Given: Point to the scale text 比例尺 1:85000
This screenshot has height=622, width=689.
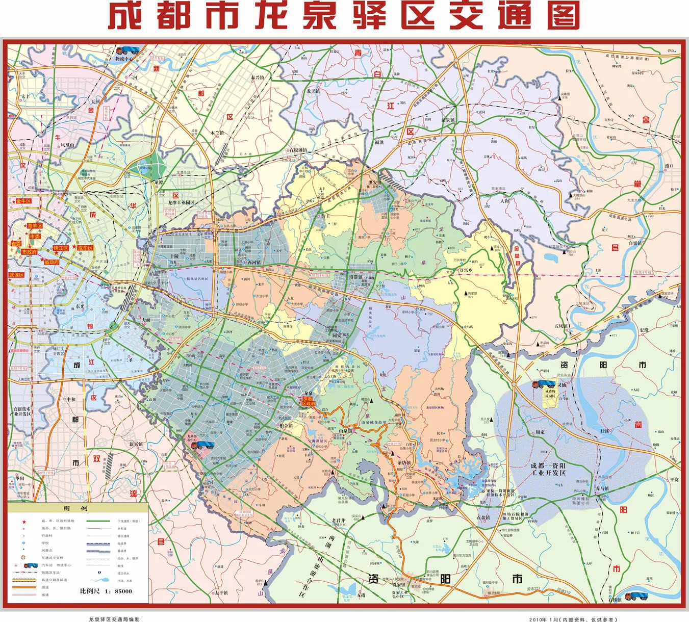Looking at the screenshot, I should point(106,591).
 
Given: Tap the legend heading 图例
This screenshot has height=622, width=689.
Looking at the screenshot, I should point(79,509).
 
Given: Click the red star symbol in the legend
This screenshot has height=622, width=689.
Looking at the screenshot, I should point(24,521).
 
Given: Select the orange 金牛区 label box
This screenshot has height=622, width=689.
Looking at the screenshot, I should point(23,201).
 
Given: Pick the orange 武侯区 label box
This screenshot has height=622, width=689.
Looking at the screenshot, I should point(16,275).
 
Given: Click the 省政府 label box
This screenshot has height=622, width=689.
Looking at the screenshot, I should point(52,262).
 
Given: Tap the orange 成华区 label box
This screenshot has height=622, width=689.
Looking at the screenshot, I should point(85,248).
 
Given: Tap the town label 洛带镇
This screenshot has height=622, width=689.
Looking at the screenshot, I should point(355,277).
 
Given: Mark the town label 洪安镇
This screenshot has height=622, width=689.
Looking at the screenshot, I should point(375,183).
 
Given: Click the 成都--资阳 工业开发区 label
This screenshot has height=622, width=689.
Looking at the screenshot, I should point(548,470).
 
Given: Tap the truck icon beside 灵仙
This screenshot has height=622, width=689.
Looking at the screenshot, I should point(543,384).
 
